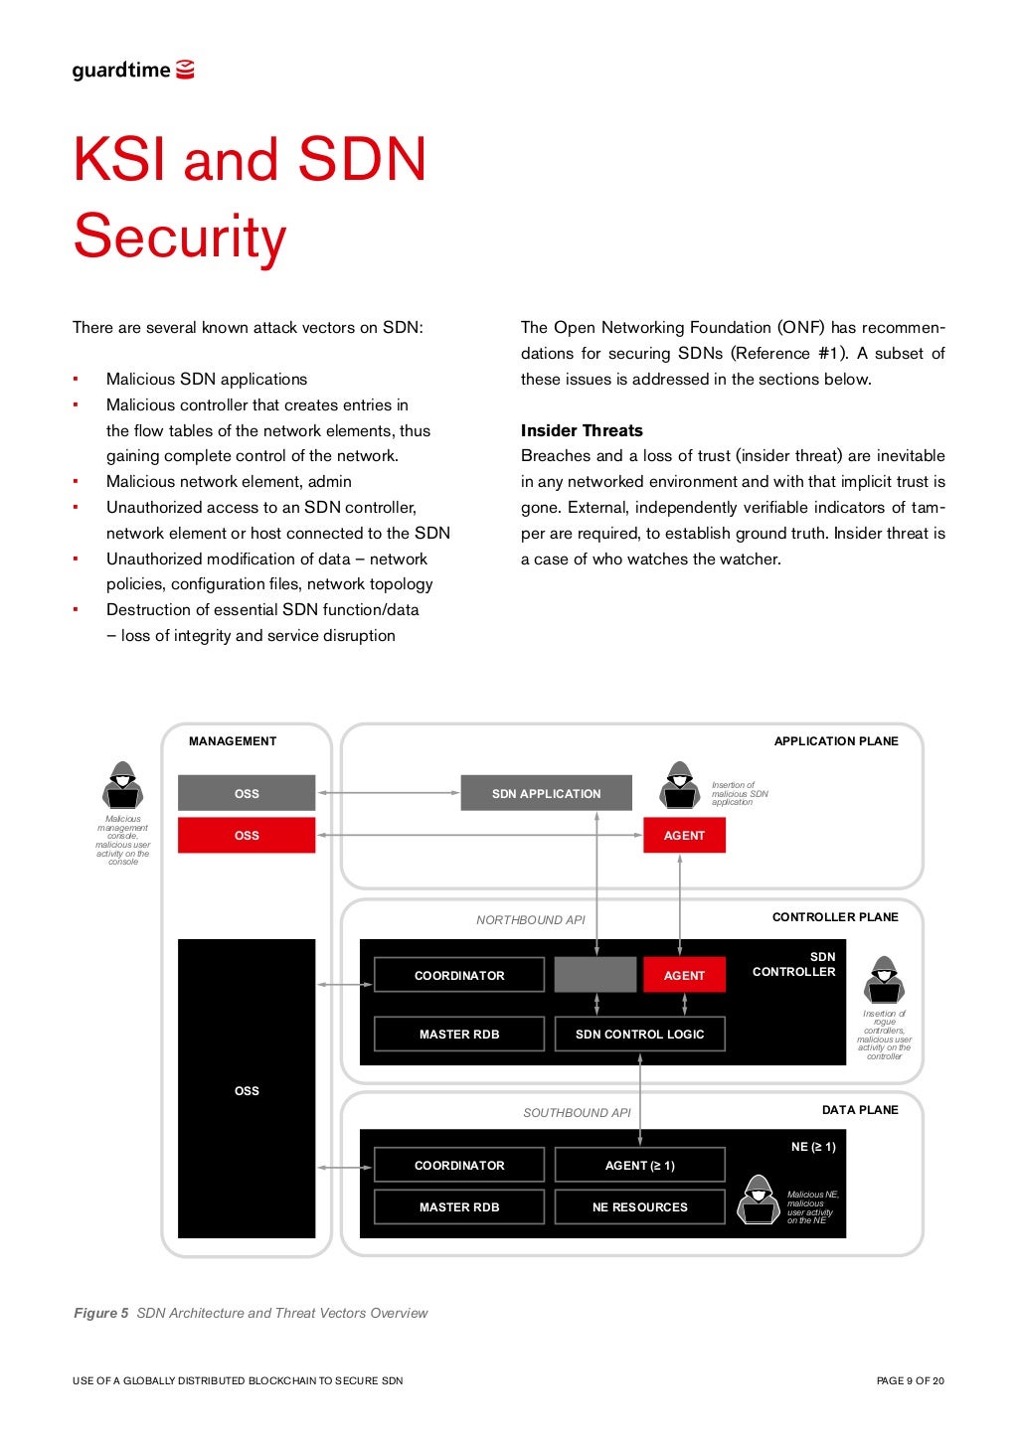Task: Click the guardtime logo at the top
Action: [x=132, y=71]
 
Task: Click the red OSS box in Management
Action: [x=247, y=836]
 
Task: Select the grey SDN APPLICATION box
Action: [x=546, y=794]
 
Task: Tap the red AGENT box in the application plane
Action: [x=684, y=836]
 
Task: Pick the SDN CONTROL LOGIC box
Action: [x=639, y=1035]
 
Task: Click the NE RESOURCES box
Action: [x=639, y=1207]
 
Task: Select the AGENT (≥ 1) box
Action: [x=639, y=1166]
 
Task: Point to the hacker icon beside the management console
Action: [x=122, y=785]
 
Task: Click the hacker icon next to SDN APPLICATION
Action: [x=680, y=785]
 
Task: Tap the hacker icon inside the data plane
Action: [x=759, y=1200]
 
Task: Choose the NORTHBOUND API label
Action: [x=530, y=920]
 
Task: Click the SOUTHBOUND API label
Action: [x=577, y=1113]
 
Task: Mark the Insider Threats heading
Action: [x=582, y=430]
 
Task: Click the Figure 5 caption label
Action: [x=101, y=1313]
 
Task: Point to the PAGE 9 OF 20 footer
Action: [x=910, y=1380]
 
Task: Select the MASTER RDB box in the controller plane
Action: [x=459, y=1035]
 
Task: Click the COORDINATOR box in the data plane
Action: [x=459, y=1166]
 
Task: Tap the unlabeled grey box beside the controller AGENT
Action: [x=594, y=975]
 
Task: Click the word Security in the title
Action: [x=180, y=238]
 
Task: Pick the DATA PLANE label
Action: [x=860, y=1110]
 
